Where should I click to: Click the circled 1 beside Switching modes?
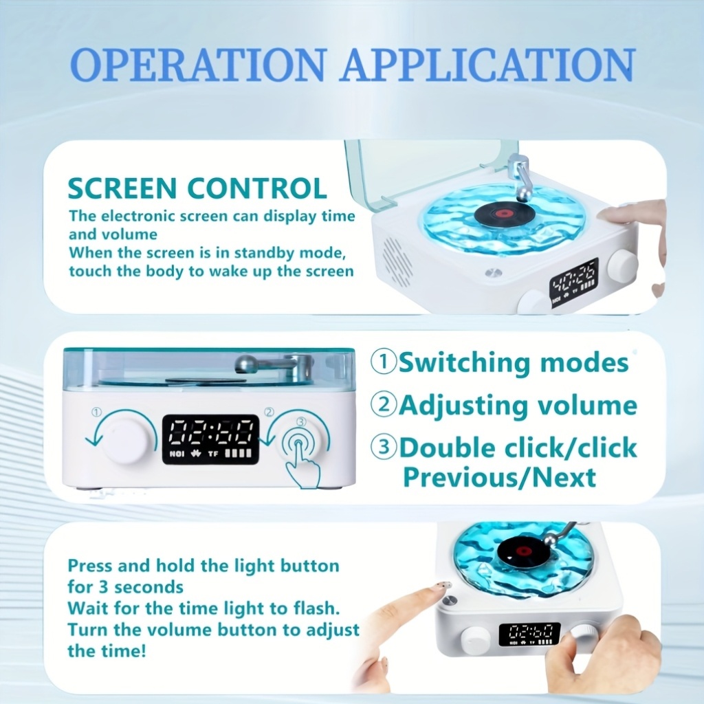click(384, 362)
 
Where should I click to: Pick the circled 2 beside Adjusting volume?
click(384, 405)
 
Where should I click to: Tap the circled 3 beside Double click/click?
click(384, 448)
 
